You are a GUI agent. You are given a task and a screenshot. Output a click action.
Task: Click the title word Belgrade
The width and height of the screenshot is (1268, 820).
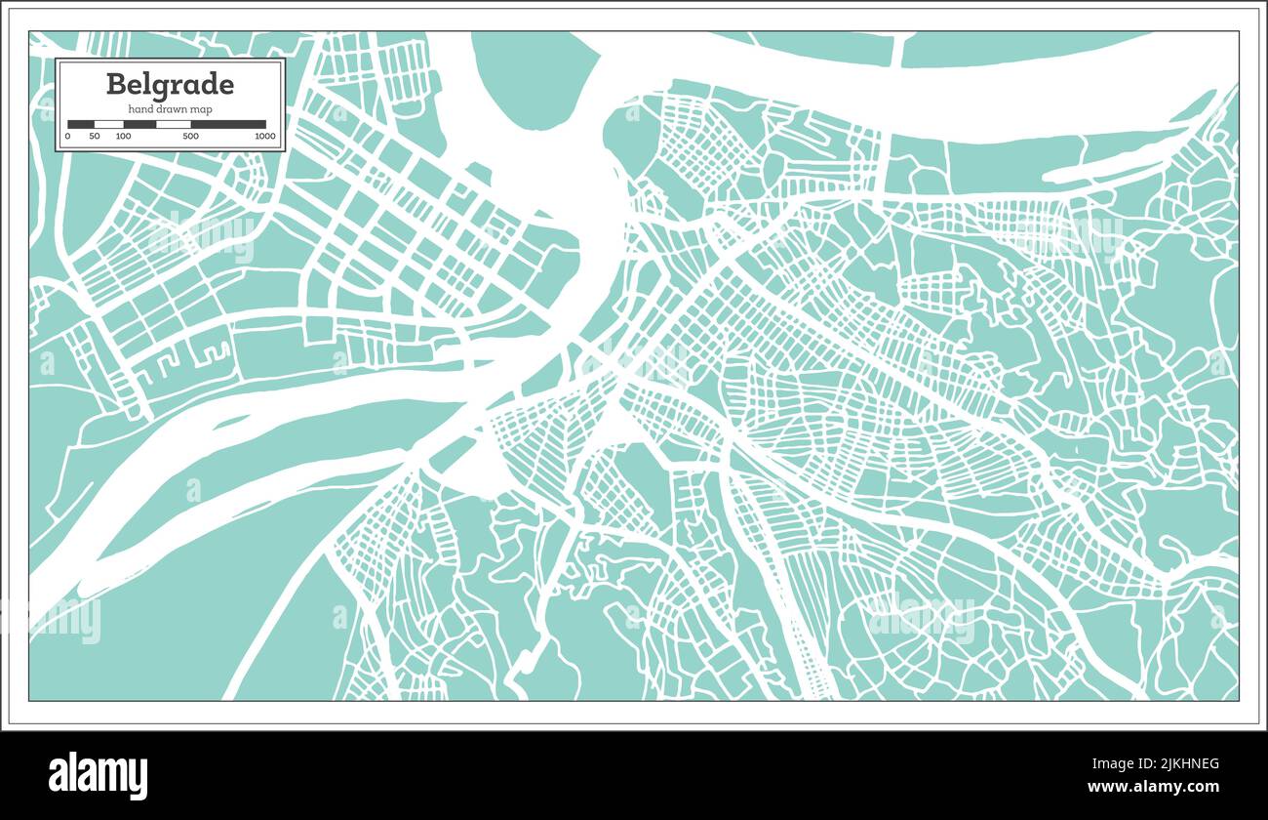tap(170, 84)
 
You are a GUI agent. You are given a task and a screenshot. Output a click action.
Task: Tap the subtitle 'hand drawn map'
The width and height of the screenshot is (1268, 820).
tap(170, 108)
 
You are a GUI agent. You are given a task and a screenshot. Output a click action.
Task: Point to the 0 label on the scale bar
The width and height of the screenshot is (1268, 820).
tap(67, 136)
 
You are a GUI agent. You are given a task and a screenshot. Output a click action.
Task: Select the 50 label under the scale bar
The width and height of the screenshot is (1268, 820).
tap(95, 136)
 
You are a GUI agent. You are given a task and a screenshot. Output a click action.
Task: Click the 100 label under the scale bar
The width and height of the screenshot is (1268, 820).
tap(123, 136)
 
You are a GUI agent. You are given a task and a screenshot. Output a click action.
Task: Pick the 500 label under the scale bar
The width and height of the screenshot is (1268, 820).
tap(190, 136)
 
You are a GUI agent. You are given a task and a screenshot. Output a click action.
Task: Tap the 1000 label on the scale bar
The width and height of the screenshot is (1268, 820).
tap(264, 136)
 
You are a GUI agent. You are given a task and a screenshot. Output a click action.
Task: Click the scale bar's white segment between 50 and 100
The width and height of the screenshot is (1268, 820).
tap(109, 124)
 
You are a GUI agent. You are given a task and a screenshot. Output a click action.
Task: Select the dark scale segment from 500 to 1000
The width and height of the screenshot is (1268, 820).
tap(228, 124)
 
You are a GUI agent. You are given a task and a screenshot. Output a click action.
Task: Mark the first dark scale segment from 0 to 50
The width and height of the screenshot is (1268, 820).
tap(81, 124)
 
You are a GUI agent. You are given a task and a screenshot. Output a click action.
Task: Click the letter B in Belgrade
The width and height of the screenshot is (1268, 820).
tap(116, 84)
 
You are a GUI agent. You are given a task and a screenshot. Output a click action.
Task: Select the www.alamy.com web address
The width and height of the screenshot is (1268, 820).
tap(1153, 787)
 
